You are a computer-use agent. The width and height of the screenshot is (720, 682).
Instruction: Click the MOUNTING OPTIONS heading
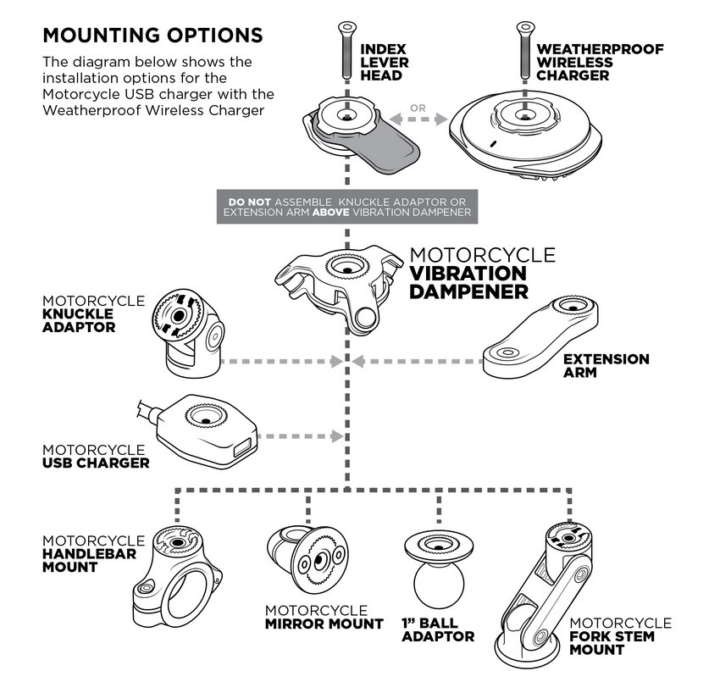[x=152, y=36]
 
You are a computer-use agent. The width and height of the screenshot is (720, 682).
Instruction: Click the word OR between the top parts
[x=417, y=108]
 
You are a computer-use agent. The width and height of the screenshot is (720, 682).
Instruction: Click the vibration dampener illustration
[x=339, y=284]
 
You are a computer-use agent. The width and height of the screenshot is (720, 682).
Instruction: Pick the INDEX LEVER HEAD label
[x=385, y=62]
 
